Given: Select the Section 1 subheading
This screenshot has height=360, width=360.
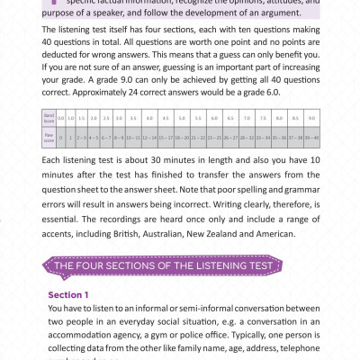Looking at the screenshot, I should (x=69, y=295).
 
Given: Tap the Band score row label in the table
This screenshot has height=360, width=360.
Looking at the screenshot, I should (x=49, y=143).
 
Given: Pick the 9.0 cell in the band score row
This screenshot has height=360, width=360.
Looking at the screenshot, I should (x=310, y=143).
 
